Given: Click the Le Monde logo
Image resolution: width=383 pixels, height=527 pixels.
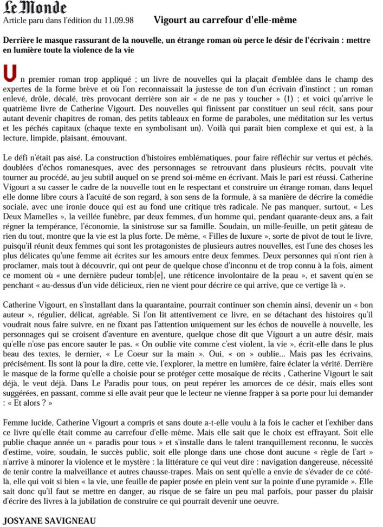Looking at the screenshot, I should coord(35,8).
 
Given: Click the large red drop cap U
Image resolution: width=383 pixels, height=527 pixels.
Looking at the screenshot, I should coord(9,73).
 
